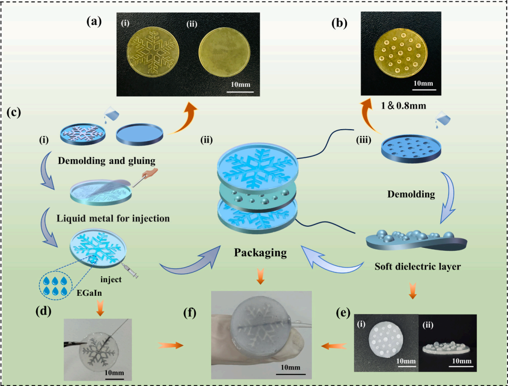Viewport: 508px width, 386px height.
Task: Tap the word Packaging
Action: click(261, 253)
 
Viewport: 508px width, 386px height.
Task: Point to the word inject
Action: click(111, 279)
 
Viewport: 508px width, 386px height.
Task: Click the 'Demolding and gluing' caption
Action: click(106, 161)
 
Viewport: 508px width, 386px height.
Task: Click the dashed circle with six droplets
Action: click(56, 286)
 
